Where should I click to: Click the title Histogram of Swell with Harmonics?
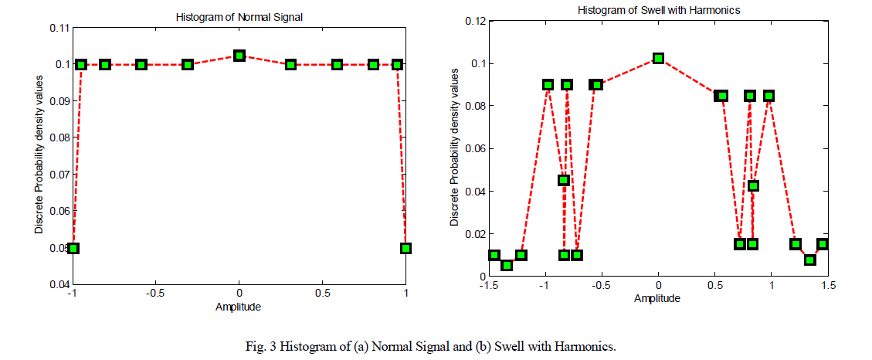657,9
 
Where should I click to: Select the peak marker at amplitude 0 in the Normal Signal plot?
239,56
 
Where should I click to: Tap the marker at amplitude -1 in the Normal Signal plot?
73,248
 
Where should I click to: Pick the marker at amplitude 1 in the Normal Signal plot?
405,248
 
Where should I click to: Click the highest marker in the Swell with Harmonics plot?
658,58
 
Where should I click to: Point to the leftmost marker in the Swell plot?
494,255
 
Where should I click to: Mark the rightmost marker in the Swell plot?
823,244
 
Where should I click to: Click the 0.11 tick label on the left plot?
59,28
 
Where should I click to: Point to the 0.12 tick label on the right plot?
474,21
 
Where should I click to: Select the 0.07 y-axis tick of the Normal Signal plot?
59,175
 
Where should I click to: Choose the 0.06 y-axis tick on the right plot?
474,148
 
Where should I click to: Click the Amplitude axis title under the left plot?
239,307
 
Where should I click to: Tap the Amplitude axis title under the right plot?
658,297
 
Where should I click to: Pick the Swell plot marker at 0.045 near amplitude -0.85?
564,180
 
